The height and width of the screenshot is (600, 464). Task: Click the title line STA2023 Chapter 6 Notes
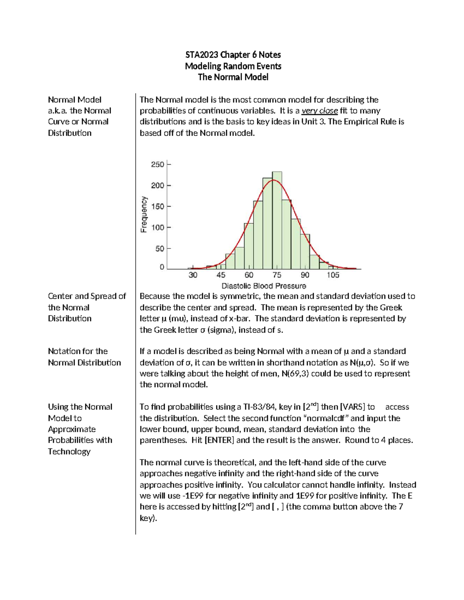[x=233, y=55]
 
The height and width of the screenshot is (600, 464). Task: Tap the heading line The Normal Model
[x=233, y=77]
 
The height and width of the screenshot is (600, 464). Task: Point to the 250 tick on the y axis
[x=158, y=165]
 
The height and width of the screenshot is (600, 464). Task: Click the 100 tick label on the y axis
[x=158, y=228]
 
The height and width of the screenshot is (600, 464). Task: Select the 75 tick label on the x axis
[x=277, y=275]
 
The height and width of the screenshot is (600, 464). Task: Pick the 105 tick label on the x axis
[x=333, y=275]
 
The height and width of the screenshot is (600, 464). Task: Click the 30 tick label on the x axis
[x=193, y=275]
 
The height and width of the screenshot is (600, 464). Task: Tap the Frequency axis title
[x=144, y=214]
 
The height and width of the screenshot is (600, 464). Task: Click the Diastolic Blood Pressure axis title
[x=264, y=286]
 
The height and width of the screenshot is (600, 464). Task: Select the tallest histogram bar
[x=277, y=220]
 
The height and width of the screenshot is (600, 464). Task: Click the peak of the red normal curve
[x=273, y=180]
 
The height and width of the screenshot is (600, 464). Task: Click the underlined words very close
[x=319, y=111]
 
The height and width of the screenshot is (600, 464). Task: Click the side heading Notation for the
[x=78, y=351]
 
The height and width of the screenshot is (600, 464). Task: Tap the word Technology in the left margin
[x=69, y=452]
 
